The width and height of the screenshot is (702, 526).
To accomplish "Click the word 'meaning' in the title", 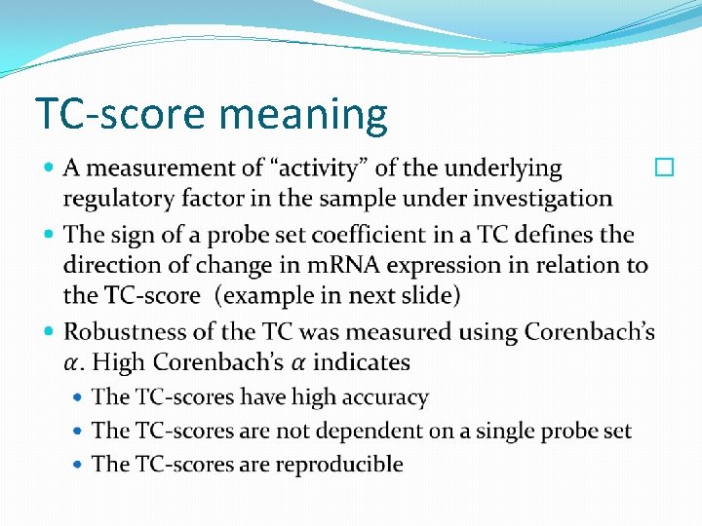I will tap(303, 115).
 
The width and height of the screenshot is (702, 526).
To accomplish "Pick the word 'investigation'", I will tap(544, 199).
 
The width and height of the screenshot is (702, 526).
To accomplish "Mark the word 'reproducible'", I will tap(339, 465).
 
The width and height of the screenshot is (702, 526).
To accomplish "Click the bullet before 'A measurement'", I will tap(51, 169).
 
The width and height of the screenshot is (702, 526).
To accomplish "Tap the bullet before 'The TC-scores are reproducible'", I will tap(80, 465).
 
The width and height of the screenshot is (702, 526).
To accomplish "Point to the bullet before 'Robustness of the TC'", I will tap(51, 333).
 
